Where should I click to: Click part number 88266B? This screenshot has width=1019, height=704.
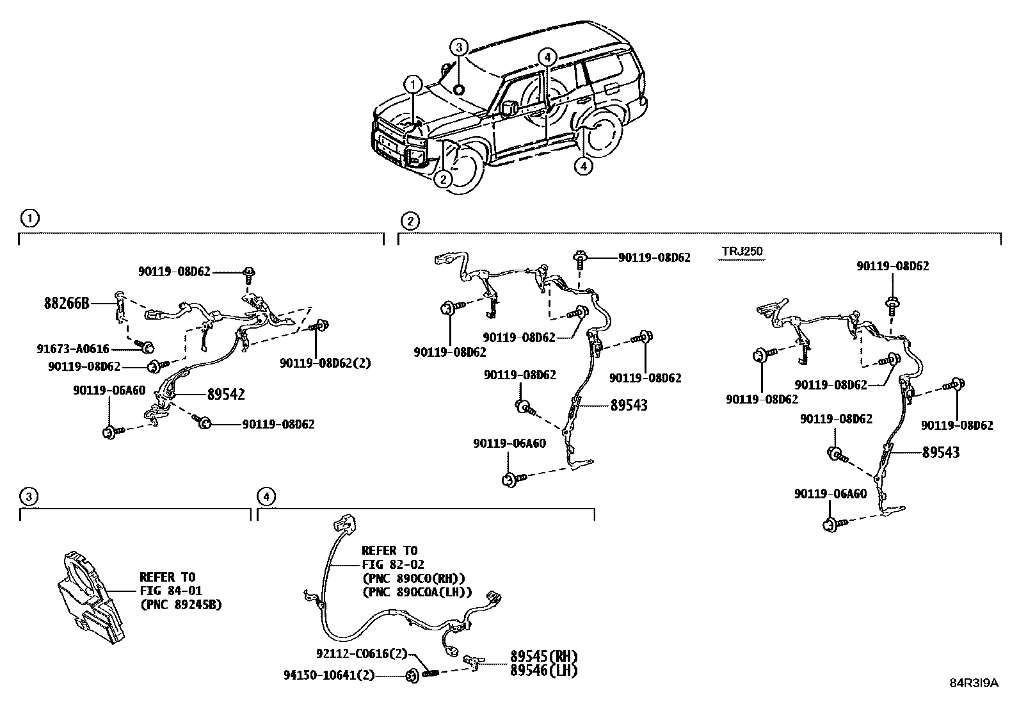coord(67,303)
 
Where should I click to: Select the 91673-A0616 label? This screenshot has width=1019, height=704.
coord(73,349)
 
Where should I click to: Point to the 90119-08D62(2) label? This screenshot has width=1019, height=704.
coord(325,363)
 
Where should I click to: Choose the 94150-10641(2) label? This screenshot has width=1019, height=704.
coord(329,675)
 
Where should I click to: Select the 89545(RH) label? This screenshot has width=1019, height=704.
coord(544,657)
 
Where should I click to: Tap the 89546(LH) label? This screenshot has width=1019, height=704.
coord(544,671)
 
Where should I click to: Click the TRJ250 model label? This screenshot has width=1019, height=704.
coord(742,252)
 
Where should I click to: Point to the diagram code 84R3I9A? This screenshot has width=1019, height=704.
coord(974,683)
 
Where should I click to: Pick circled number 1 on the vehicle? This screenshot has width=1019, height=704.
coord(413,84)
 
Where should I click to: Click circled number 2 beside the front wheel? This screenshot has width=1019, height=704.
coord(443,179)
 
